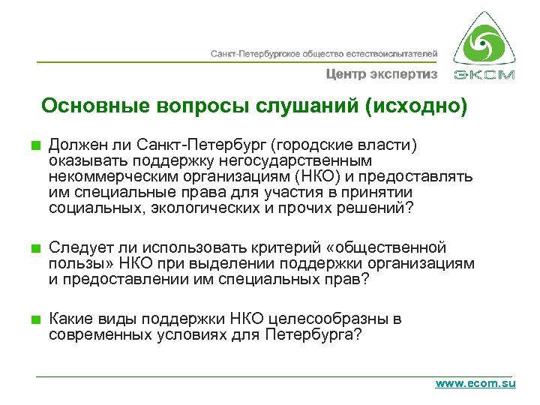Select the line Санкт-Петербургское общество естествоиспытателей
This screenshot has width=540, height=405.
(323, 54)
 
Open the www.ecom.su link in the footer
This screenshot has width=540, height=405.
(475, 383)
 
